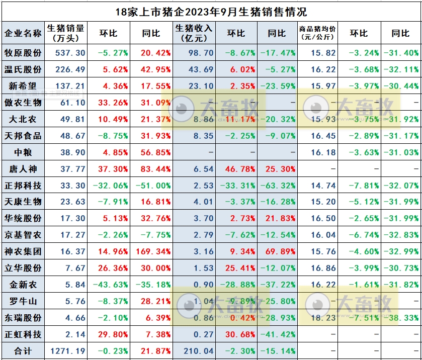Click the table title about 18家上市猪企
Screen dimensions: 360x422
pyautogui.click(x=211, y=11)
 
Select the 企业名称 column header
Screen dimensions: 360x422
pyautogui.click(x=23, y=33)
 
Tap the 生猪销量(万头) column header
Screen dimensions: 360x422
pyautogui.click(x=65, y=33)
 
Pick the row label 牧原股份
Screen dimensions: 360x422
pyautogui.click(x=23, y=53)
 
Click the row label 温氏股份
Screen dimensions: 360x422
pyautogui.click(x=23, y=69)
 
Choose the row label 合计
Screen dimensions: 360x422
pyautogui.click(x=23, y=351)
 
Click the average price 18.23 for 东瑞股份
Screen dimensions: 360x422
pyautogui.click(x=323, y=318)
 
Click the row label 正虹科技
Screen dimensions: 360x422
pyautogui.click(x=23, y=334)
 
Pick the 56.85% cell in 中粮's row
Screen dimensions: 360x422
pyautogui.click(x=155, y=152)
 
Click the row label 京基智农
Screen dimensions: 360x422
pyautogui.click(x=23, y=235)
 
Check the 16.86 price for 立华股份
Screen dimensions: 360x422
pyautogui.click(x=323, y=268)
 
